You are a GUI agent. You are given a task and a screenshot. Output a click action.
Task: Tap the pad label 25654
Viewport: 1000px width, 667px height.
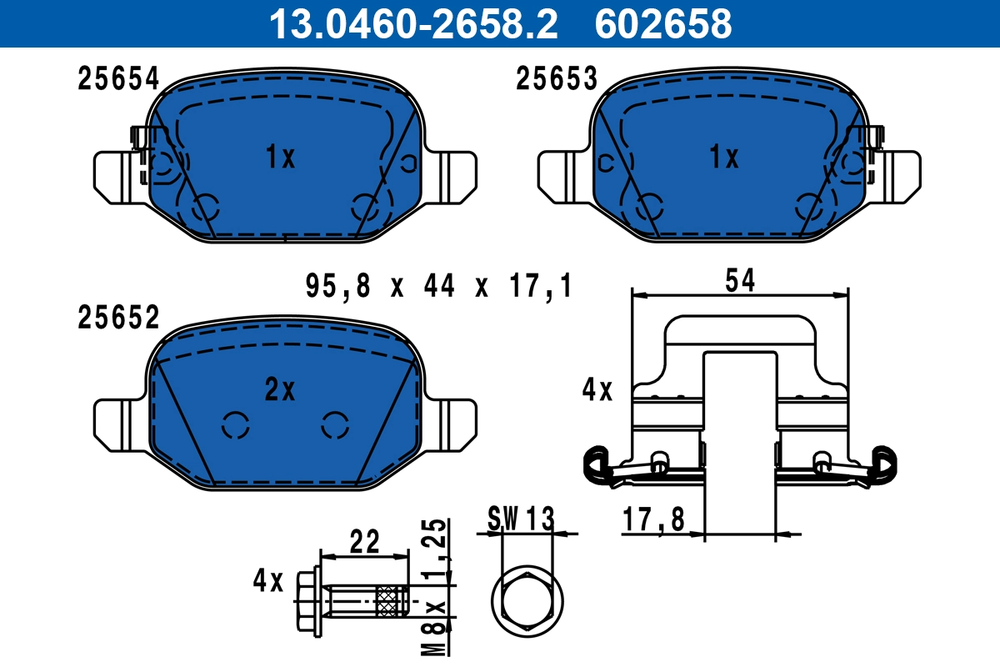pos(117,79)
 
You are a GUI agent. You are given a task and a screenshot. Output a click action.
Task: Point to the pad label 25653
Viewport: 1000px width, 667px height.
pos(557,79)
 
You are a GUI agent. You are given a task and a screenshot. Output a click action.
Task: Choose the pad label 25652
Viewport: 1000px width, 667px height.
pos(117,318)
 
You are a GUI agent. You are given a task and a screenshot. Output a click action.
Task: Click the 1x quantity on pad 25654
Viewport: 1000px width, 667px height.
pos(280,157)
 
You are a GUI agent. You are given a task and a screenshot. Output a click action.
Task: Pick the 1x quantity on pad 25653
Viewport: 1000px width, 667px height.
pos(723,157)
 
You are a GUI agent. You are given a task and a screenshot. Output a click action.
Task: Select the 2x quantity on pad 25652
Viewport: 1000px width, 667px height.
pos(280,389)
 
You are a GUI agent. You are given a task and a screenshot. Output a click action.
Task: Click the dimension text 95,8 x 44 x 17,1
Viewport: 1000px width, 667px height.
pos(438,288)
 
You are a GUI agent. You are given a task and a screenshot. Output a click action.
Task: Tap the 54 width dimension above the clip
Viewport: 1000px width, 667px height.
pos(739,281)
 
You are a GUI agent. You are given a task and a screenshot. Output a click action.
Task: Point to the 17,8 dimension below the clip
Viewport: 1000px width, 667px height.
pos(653,520)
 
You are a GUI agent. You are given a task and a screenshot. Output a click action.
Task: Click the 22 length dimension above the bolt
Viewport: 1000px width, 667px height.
pos(364,543)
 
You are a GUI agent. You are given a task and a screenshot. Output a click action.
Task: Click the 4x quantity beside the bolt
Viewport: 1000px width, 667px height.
pos(268,580)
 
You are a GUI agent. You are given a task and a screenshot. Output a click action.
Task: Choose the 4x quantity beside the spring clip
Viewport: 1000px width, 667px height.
pos(597,389)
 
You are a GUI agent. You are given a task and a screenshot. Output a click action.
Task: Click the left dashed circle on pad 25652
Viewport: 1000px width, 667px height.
pos(236,424)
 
